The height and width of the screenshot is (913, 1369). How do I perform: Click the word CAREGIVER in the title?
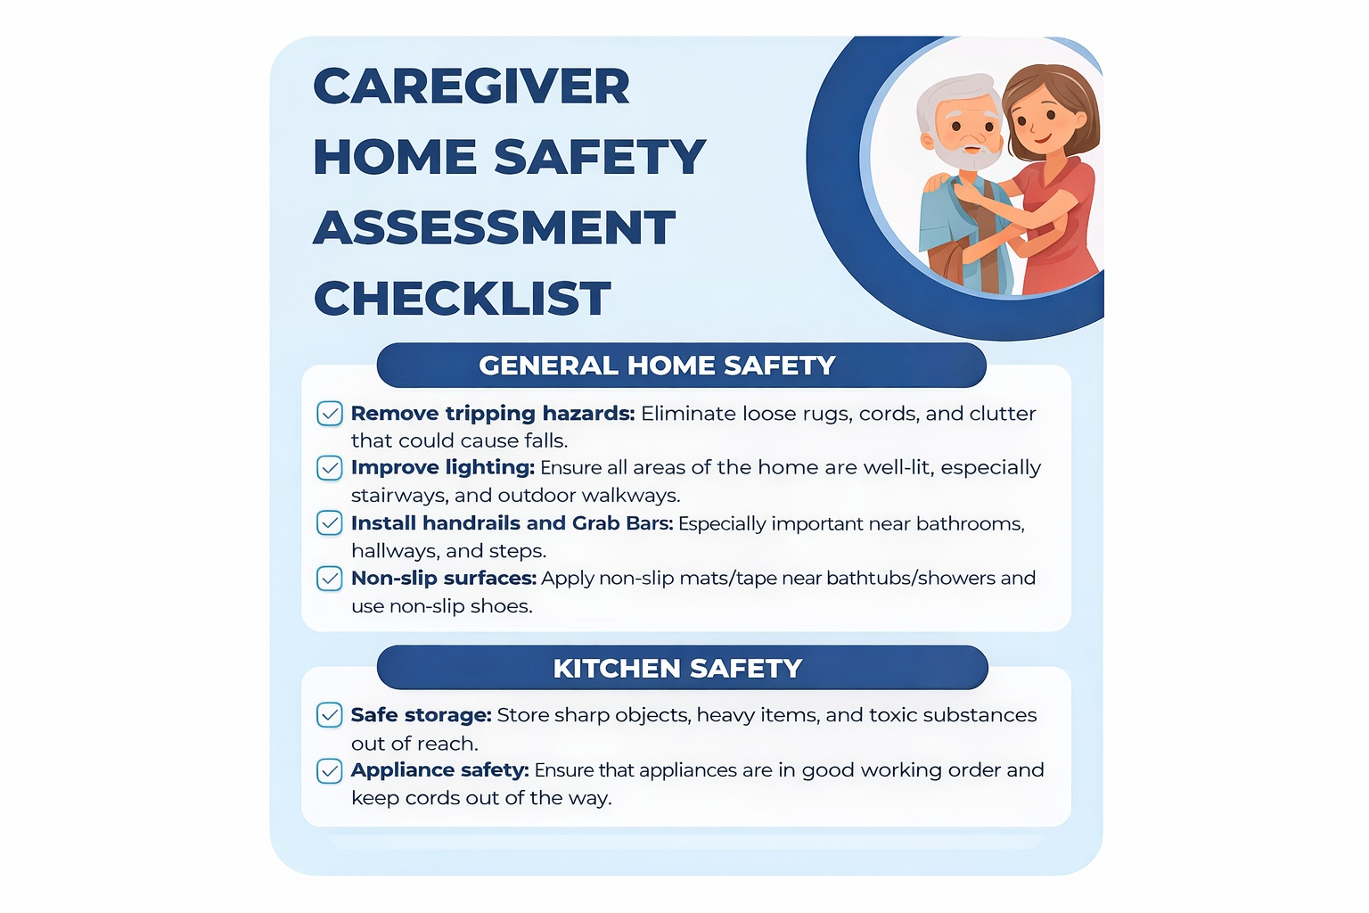point(471,86)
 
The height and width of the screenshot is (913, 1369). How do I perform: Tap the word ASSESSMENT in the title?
point(495,227)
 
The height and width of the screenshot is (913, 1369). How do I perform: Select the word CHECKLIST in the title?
point(462,299)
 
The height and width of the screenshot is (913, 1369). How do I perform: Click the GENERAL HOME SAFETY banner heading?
point(657,365)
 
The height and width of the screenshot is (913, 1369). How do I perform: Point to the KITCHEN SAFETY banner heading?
point(677,668)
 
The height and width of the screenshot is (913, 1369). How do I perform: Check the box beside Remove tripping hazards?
point(330,414)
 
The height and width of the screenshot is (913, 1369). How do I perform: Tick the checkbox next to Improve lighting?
point(330,468)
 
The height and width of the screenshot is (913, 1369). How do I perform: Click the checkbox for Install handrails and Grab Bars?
point(330,522)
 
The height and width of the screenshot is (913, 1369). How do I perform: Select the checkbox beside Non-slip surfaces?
point(330,579)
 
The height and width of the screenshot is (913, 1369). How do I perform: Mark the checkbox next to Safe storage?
point(330,715)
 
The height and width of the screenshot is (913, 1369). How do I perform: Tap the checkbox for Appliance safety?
point(330,770)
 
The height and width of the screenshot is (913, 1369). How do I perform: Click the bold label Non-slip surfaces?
point(444,578)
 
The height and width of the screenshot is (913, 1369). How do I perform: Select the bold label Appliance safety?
point(440,770)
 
